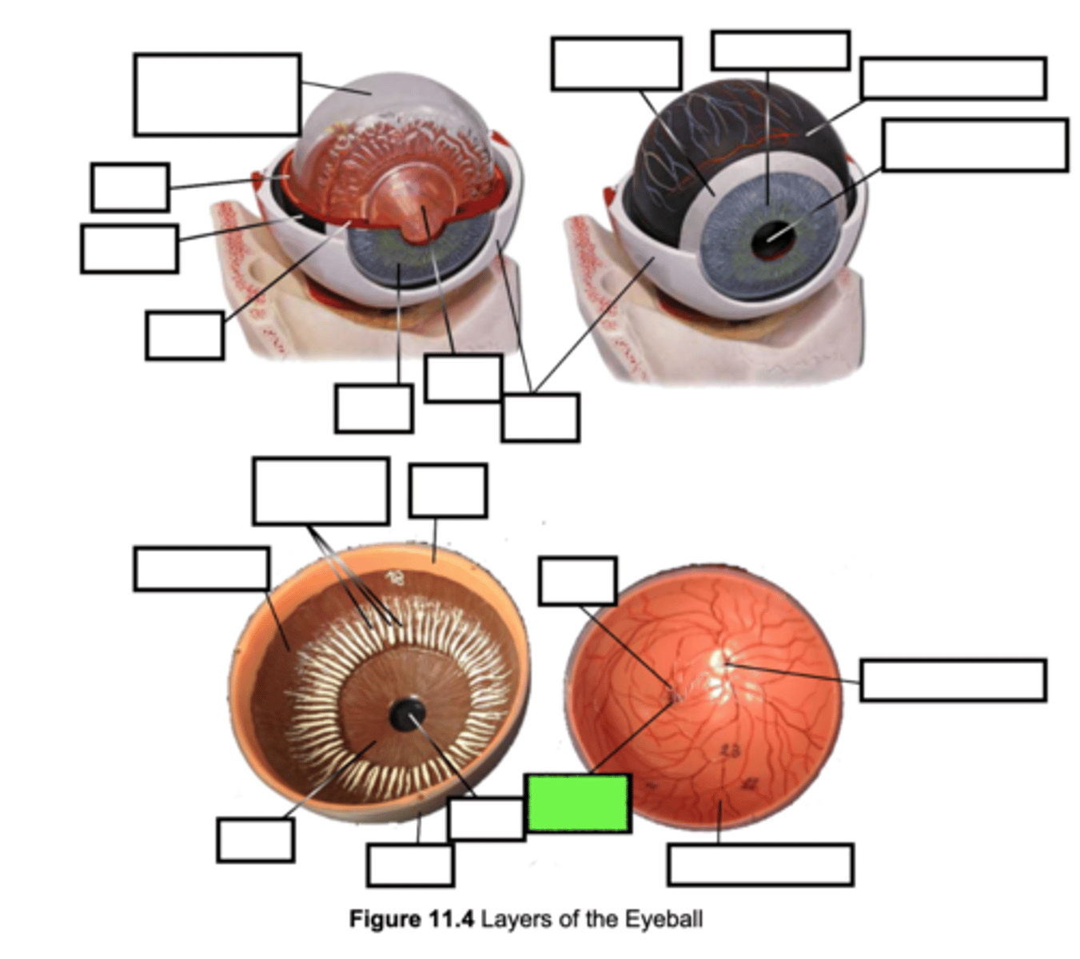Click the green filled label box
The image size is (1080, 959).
tap(578, 802)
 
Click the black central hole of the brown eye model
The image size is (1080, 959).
tap(408, 714)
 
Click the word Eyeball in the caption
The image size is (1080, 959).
tap(664, 919)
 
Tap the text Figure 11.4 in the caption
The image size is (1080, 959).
tap(411, 919)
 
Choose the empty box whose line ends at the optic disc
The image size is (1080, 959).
tap(953, 680)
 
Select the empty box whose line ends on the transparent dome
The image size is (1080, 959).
tap(217, 94)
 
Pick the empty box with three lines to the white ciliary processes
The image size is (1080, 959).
tap(321, 491)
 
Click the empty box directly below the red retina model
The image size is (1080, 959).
tap(759, 864)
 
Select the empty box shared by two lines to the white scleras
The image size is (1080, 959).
tap(540, 417)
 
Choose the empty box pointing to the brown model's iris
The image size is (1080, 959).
tap(255, 840)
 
